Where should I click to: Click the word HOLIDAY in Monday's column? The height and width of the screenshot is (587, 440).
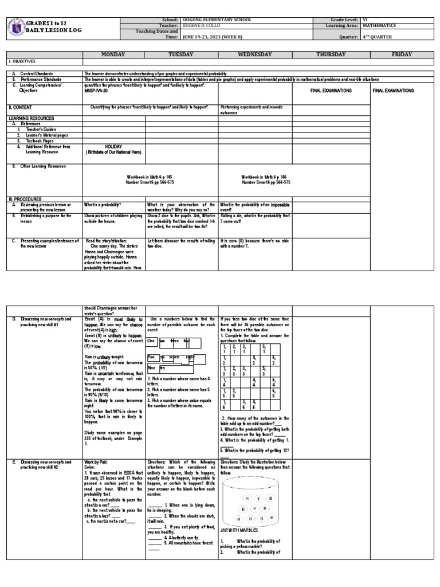click(113, 147)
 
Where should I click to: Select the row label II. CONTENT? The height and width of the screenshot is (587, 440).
click(21, 107)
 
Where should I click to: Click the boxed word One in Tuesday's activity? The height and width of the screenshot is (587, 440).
click(151, 341)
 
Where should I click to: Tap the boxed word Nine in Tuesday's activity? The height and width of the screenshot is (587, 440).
click(152, 367)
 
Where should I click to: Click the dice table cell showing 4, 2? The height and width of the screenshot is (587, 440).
click(253, 361)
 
